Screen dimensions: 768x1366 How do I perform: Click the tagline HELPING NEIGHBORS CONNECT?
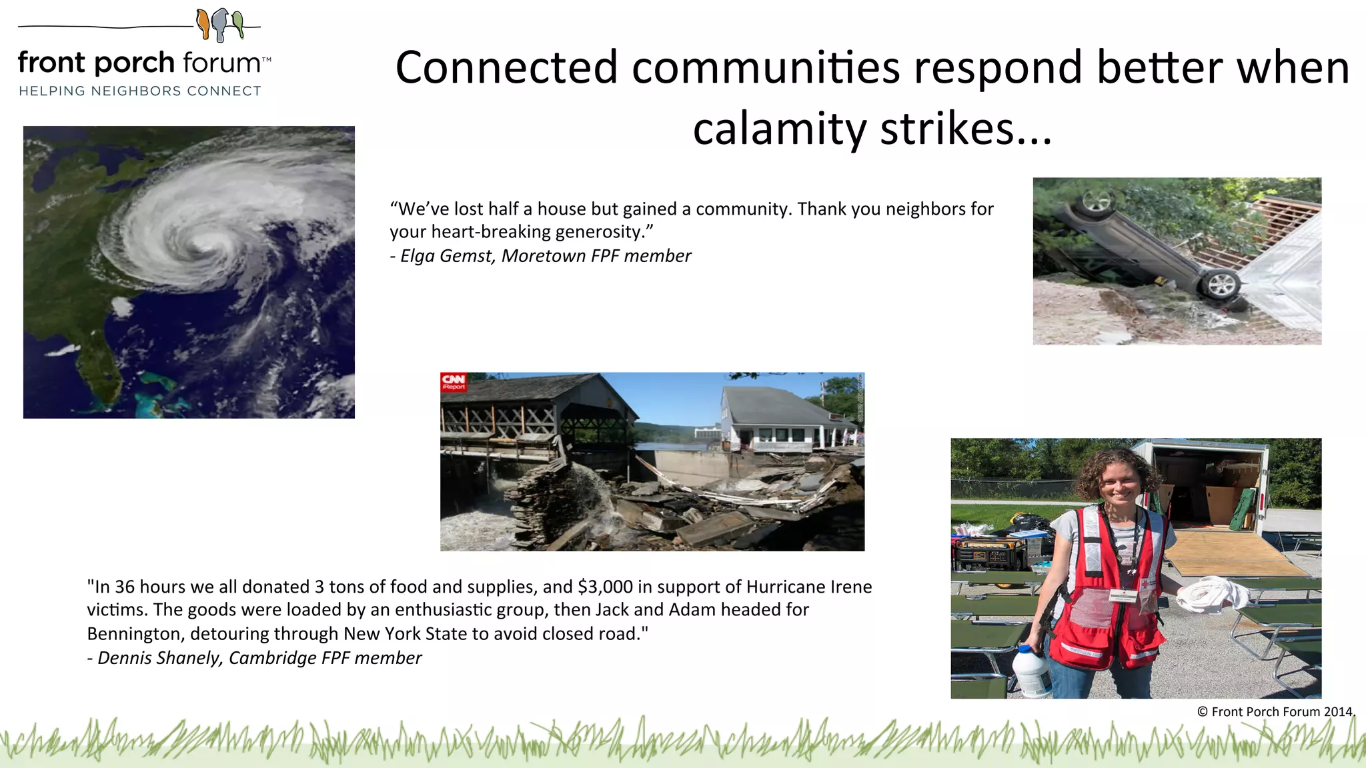click(x=140, y=91)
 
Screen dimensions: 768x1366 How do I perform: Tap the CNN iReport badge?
click(x=454, y=382)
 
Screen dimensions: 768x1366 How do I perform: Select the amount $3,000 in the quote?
click(x=605, y=587)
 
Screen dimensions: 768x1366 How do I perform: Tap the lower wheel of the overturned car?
click(x=1221, y=285)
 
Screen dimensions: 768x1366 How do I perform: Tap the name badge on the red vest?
click(x=1123, y=595)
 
